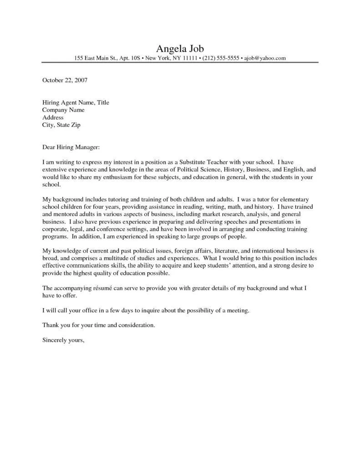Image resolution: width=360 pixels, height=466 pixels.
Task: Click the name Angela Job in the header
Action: [180, 49]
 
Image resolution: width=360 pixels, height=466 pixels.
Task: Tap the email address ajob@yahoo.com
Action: [265, 58]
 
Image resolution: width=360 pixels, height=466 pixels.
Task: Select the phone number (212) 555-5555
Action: [214, 58]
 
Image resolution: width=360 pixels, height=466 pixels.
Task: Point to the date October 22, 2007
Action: [65, 81]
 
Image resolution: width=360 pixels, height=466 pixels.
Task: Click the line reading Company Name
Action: [63, 110]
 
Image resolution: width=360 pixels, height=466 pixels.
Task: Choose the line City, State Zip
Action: [61, 125]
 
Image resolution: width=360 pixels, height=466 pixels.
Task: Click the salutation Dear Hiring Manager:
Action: [71, 147]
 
